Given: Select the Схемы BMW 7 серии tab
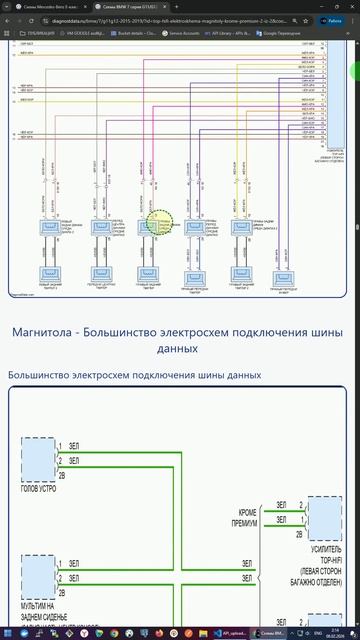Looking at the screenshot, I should click(x=118, y=7).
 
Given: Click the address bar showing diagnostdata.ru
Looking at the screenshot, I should click(x=170, y=19).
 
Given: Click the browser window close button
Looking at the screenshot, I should click(x=352, y=7).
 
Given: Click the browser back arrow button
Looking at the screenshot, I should click(x=8, y=19).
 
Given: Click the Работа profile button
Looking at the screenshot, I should click(x=334, y=19).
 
